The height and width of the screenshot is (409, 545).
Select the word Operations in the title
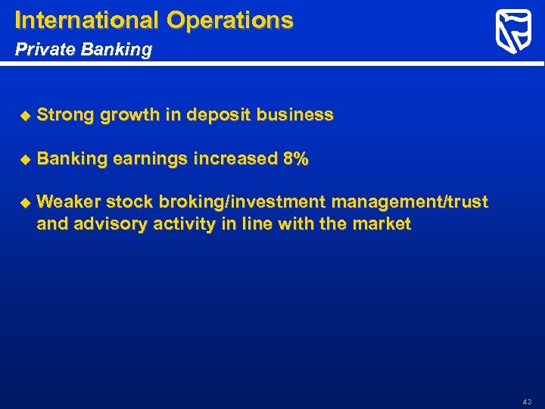(x=230, y=20)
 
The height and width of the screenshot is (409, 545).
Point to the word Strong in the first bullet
(x=64, y=115)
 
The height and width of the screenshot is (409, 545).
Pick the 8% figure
(x=295, y=159)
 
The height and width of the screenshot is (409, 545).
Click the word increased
(x=235, y=159)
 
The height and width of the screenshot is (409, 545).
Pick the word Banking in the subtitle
(x=114, y=50)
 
